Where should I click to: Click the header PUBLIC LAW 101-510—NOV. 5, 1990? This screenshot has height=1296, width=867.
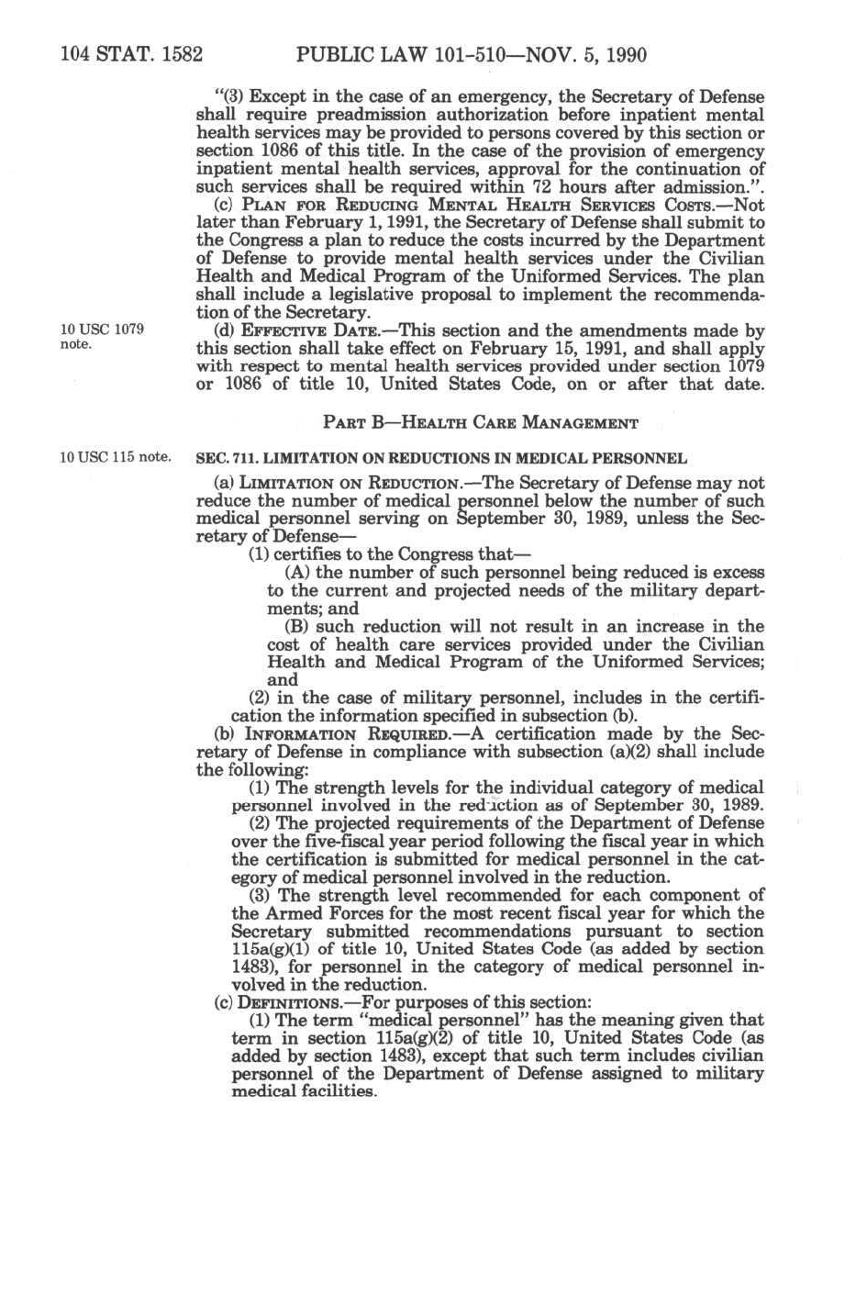pyautogui.click(x=472, y=55)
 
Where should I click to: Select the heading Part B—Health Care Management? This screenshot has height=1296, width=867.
pyautogui.click(x=480, y=423)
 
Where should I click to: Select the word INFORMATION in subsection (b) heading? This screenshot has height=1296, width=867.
pyautogui.click(x=283, y=734)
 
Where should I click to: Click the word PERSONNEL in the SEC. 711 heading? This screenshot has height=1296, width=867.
pyautogui.click(x=642, y=458)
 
